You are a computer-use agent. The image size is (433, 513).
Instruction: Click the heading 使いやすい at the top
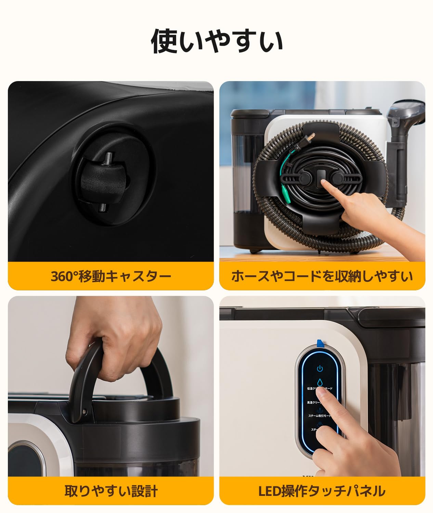217,41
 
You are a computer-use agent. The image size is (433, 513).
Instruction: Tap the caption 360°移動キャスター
111,276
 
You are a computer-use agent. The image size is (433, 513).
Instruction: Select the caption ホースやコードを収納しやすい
322,276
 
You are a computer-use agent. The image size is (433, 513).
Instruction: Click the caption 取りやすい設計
111,491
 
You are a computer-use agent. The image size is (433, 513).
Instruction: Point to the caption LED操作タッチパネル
322,491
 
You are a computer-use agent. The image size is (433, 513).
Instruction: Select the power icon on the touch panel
320,369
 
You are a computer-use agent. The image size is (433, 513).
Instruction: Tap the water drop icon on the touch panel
320,382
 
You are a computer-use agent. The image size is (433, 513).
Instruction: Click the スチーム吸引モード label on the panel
319,416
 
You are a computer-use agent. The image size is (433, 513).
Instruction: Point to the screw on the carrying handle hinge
83,412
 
